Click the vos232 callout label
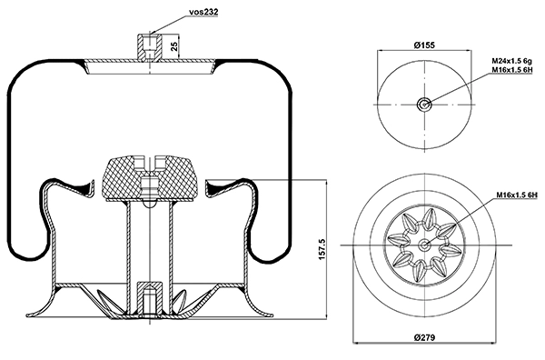point(203,12)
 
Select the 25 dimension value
point(174,46)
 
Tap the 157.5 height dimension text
point(322,249)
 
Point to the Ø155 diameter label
point(424,45)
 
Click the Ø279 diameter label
point(424,337)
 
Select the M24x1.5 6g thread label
point(511,61)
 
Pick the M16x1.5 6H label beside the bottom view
point(517,195)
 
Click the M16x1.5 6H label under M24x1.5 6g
point(512,70)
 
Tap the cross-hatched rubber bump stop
point(150,178)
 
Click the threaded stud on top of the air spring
point(150,46)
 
